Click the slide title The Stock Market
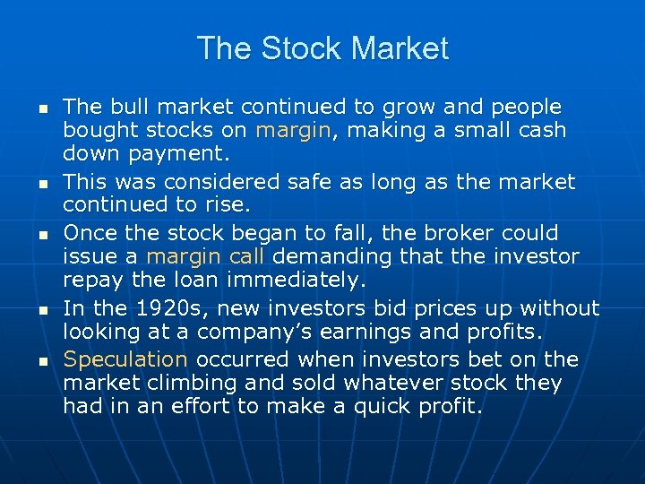click(x=322, y=48)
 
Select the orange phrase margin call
click(x=206, y=257)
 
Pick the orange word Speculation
click(x=125, y=360)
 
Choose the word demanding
click(x=328, y=257)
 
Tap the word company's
click(x=253, y=333)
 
